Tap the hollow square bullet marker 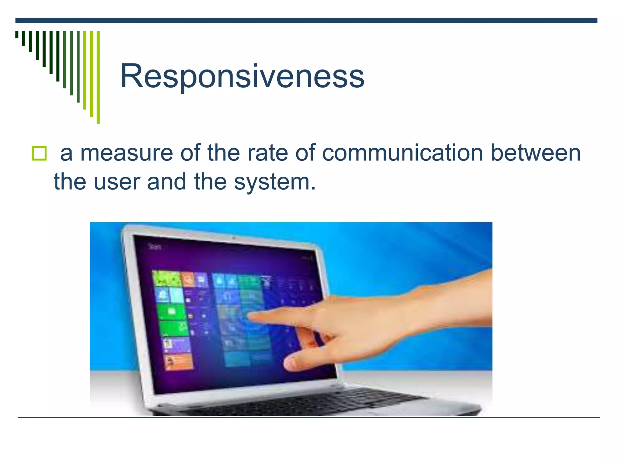[x=39, y=153]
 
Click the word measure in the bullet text [x=126, y=153]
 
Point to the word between [x=536, y=153]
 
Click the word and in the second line [x=166, y=182]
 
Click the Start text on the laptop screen [x=155, y=247]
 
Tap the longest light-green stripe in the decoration [x=98, y=77]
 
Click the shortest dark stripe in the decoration [x=17, y=34]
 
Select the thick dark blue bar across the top [x=306, y=21]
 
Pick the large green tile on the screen [x=172, y=312]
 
